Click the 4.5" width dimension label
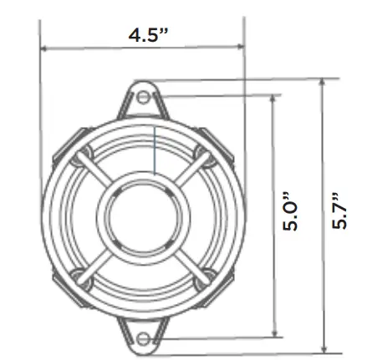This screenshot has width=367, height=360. (x=148, y=36)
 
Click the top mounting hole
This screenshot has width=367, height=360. (x=143, y=97)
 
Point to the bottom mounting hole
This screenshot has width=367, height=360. (x=143, y=337)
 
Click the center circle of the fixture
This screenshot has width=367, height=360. (x=142, y=218)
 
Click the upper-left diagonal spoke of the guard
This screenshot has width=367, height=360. (x=98, y=174)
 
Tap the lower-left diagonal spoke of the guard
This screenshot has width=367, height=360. (x=98, y=261)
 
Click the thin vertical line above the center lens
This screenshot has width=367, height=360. (x=155, y=150)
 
